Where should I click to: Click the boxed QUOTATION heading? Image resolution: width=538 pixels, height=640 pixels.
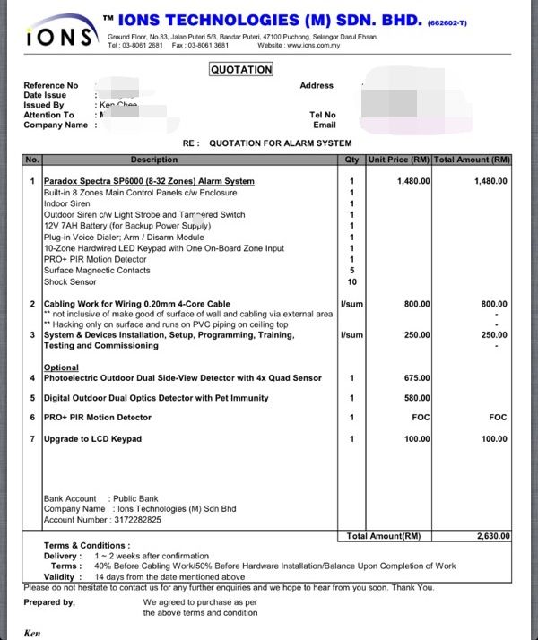(x=241, y=69)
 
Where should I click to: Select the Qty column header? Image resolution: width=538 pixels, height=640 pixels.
(x=351, y=160)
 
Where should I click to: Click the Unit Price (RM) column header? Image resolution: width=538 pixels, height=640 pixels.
(x=399, y=160)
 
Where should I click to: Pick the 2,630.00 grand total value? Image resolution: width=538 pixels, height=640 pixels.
(x=492, y=536)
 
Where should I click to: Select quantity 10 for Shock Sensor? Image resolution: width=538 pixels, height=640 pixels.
(x=351, y=281)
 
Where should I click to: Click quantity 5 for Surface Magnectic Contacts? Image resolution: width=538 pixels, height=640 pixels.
(x=351, y=271)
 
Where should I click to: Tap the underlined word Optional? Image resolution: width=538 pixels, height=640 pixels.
(x=61, y=368)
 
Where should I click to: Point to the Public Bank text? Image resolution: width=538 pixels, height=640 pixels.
(x=135, y=498)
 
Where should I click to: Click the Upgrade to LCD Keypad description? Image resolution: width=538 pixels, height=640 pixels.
(x=92, y=439)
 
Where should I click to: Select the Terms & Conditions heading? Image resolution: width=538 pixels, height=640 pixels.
(x=86, y=545)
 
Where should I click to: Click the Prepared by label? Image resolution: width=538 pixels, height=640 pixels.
(x=49, y=602)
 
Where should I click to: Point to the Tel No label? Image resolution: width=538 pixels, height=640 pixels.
(x=323, y=115)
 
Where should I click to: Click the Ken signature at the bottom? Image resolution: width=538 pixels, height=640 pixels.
(x=32, y=634)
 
